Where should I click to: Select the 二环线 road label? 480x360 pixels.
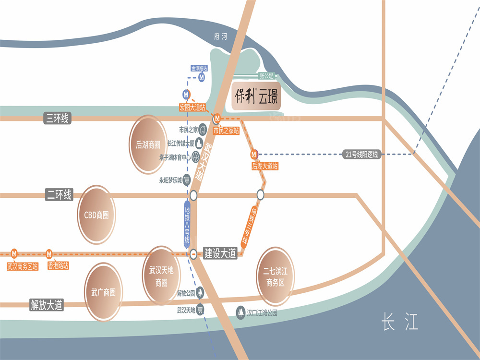coord(59,194)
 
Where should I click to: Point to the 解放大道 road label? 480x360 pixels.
coord(47,304)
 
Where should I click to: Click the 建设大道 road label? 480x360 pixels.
coord(220,253)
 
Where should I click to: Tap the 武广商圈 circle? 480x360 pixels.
coord(103,292)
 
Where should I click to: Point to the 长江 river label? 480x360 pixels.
coord(400,321)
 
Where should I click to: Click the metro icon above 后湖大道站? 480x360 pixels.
coord(254,154)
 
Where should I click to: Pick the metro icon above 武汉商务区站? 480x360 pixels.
coord(14,253)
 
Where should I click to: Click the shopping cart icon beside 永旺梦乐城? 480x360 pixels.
coord(187,180)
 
